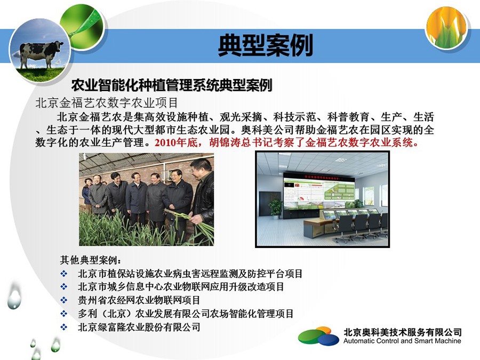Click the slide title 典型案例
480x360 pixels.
[x=265, y=45]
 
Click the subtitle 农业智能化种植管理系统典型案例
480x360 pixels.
[x=171, y=85]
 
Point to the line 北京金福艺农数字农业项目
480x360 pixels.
[x=107, y=103]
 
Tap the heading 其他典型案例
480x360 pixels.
[x=91, y=260]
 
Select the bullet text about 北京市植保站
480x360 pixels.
[x=190, y=274]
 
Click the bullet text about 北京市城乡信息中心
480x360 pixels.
[x=181, y=287]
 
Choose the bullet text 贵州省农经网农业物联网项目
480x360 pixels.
[x=139, y=300]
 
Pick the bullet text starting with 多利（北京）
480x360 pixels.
[x=186, y=314]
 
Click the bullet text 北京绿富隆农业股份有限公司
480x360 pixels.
[x=139, y=327]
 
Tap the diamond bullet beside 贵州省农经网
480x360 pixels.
[x=63, y=300]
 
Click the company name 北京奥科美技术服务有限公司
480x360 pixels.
[x=403, y=332]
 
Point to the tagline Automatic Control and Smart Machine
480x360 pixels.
[x=402, y=341]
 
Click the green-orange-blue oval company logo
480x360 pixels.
[x=318, y=336]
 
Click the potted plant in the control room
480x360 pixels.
[x=276, y=208]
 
